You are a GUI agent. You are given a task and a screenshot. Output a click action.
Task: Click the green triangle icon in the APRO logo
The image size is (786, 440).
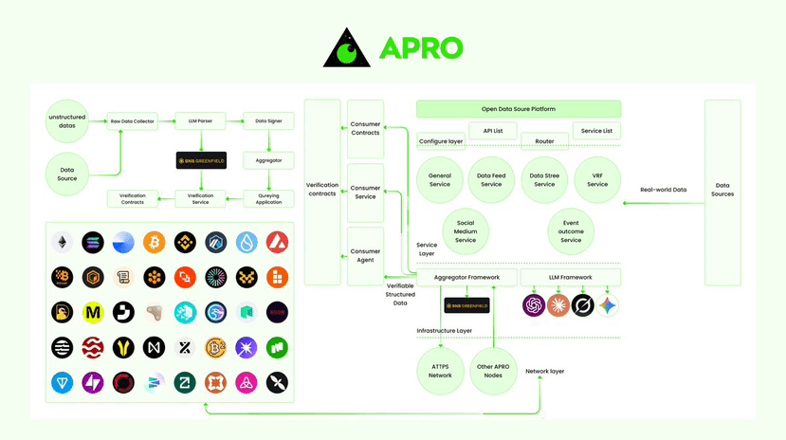[x=346, y=48]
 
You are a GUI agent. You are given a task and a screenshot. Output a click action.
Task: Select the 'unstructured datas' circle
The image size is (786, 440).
[x=67, y=121]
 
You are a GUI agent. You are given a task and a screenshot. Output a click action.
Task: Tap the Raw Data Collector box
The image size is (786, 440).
[x=133, y=121]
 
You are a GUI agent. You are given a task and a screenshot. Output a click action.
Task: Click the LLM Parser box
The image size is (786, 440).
[x=200, y=121]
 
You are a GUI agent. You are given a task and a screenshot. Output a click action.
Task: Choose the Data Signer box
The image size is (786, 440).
[x=268, y=121]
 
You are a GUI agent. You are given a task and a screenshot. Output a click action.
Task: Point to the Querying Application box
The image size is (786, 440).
[x=268, y=199]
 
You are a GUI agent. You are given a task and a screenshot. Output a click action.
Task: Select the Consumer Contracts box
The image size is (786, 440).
[x=365, y=128]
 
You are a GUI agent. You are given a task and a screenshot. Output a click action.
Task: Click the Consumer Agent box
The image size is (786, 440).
[x=365, y=256]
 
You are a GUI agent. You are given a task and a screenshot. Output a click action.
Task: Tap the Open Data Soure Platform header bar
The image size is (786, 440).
[x=518, y=109]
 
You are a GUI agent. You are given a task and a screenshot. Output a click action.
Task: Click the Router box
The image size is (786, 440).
[x=544, y=139]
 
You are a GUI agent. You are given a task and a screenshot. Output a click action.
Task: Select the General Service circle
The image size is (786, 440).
[x=439, y=179]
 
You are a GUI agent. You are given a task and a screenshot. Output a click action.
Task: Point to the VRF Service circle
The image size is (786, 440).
[x=596, y=179]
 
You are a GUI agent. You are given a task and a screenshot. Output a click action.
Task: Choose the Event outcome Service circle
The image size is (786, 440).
[x=571, y=230]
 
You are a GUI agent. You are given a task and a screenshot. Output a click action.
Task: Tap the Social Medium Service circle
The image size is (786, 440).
[x=466, y=230]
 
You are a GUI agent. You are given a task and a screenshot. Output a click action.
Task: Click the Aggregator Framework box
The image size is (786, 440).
[x=466, y=277]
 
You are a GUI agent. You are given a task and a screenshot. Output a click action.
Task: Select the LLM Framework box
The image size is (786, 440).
[x=570, y=277]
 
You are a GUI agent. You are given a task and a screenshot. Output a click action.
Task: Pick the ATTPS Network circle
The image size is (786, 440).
[x=440, y=371]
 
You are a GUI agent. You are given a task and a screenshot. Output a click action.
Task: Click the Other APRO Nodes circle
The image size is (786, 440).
[x=493, y=371]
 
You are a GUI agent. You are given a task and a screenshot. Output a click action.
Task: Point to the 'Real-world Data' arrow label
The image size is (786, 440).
[x=663, y=190]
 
